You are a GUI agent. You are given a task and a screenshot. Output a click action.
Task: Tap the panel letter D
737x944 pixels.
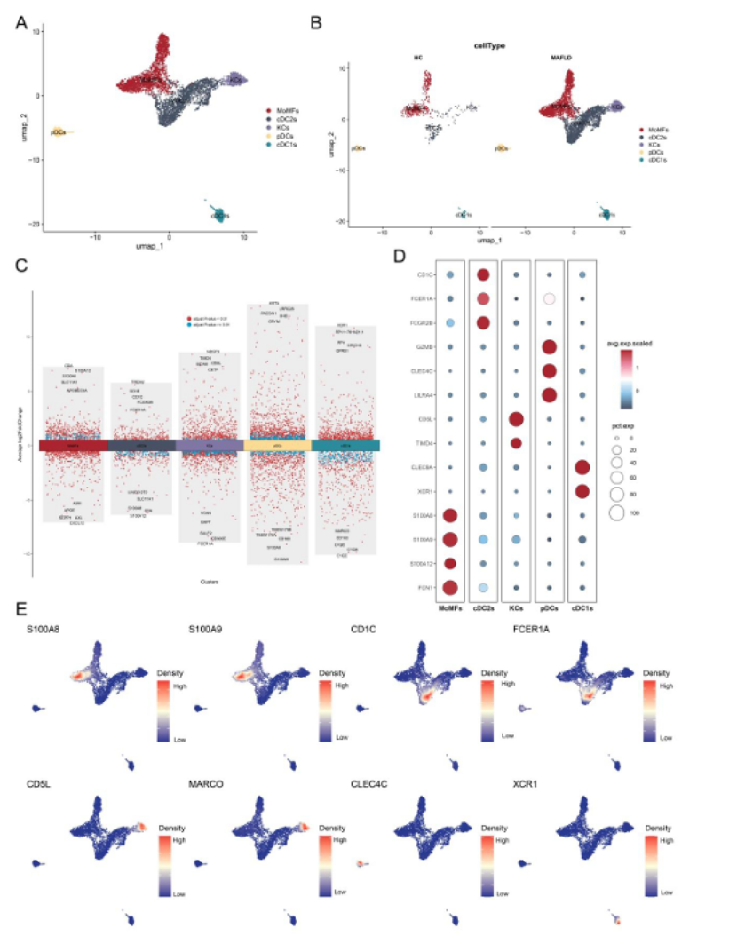[400, 255]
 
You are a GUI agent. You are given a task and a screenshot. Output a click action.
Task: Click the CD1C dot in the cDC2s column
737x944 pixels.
[485, 275]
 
